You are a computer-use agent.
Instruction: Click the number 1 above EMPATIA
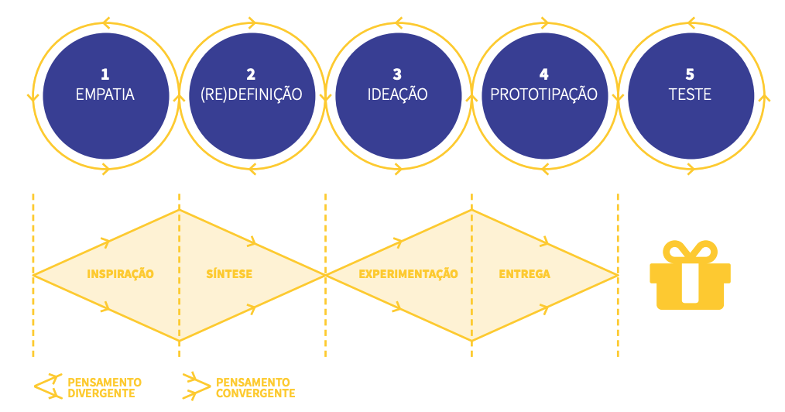point(105,74)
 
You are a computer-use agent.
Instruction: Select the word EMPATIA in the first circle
point(105,94)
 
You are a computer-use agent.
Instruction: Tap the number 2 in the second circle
point(251,74)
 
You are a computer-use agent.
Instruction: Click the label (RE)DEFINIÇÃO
point(251,94)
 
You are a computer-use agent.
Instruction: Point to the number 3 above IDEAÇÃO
point(397,74)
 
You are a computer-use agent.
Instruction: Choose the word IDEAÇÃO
point(397,94)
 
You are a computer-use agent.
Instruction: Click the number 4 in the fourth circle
point(543,74)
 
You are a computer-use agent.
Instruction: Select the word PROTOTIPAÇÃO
point(543,94)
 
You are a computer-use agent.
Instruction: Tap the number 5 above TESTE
point(690,74)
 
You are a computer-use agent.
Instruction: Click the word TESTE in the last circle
point(690,94)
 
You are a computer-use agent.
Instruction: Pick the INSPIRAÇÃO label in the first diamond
point(120,274)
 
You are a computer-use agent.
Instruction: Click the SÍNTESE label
point(229,274)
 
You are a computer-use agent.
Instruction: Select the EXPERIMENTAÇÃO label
point(408,274)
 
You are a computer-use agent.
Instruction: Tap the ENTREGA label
point(524,274)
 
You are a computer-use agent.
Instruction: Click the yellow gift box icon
point(690,283)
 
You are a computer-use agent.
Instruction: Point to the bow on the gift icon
point(690,251)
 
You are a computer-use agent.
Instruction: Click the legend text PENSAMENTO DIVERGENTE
point(105,387)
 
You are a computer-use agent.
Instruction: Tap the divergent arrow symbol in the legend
point(48,386)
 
